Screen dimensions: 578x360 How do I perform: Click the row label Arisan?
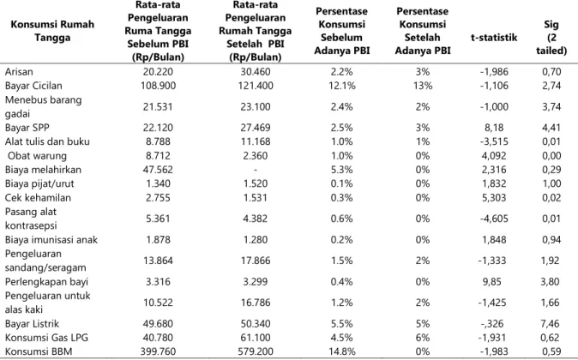[19, 71]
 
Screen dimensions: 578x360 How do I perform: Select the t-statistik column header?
[494, 37]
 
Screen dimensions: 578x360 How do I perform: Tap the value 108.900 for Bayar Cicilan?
[158, 86]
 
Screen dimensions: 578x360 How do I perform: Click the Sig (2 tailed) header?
[551, 37]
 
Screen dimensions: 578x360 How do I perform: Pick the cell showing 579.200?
[256, 351]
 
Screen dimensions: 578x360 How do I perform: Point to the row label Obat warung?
[37, 156]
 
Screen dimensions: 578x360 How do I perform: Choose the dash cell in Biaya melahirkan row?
[256, 170]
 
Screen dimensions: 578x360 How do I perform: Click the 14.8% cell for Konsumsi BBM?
[342, 351]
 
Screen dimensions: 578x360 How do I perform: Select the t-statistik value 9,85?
[494, 282]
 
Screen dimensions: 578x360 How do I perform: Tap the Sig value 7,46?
[551, 324]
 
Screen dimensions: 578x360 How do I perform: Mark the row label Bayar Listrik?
[32, 324]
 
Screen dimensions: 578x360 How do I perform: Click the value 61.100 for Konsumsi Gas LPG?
[256, 338]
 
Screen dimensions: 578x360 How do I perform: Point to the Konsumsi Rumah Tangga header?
[52, 31]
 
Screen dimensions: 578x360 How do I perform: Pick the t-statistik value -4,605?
[494, 219]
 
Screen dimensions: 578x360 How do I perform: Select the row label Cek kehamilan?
[38, 198]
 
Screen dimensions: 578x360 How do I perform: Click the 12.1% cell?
[342, 86]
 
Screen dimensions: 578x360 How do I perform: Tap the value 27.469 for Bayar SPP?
[256, 128]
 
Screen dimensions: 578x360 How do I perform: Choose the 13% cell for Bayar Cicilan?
[423, 86]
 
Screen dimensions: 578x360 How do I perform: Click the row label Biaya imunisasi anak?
[51, 240]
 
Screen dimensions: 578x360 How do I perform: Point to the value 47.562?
[158, 170]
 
